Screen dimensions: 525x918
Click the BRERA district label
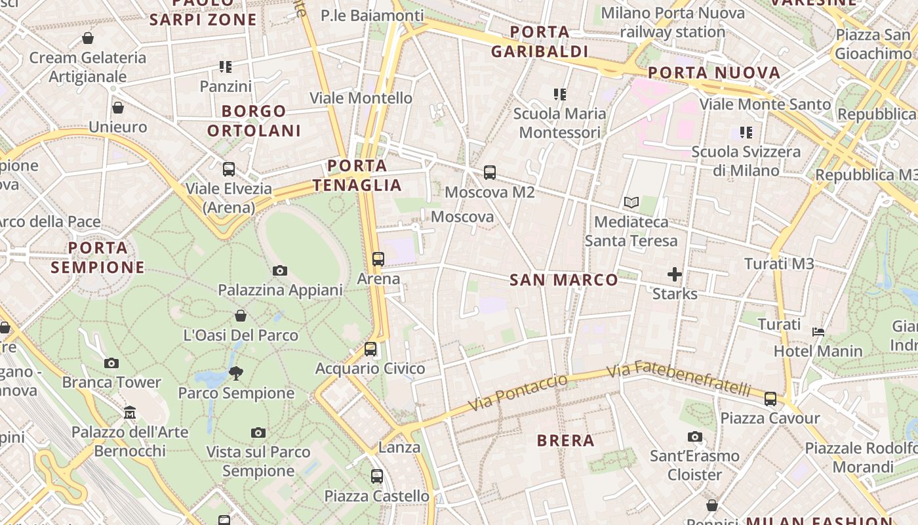point(565,440)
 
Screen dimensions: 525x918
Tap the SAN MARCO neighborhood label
point(564,280)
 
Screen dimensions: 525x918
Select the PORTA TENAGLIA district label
point(357,175)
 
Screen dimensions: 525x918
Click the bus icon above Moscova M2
point(490,173)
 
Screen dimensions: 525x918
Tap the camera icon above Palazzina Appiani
point(280,270)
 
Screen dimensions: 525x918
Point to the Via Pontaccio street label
point(519,393)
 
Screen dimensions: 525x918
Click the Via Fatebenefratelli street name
point(678,379)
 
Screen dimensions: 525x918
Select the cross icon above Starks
point(675,274)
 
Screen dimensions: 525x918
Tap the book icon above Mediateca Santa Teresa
point(631,203)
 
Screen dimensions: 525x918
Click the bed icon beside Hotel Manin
point(818,332)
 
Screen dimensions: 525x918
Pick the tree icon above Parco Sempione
point(236,373)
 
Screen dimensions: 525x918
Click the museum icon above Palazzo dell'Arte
point(130,413)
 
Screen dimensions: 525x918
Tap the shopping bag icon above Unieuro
point(118,108)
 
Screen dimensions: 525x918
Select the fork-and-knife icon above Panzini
point(226,67)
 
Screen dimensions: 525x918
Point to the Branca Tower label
point(111,382)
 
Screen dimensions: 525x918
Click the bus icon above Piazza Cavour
point(770,398)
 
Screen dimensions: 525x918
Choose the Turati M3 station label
point(779,264)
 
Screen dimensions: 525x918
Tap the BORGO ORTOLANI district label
point(254,121)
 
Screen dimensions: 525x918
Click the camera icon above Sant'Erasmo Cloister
point(695,436)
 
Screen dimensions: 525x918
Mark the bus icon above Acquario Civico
point(370,349)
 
